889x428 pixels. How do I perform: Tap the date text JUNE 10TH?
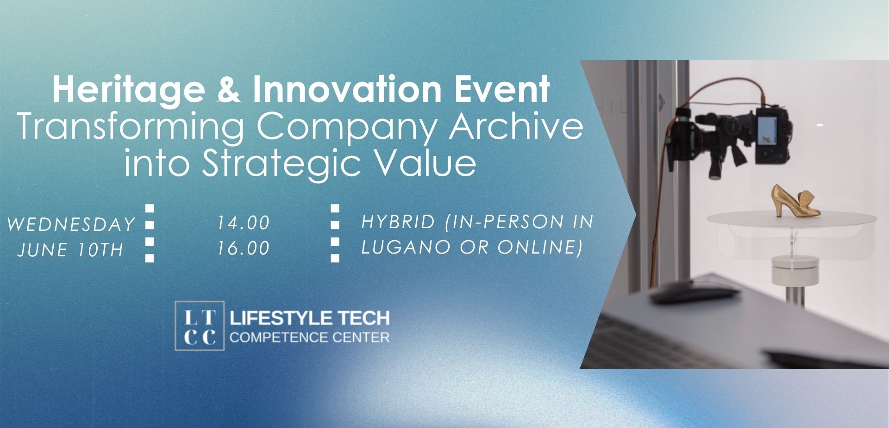70,250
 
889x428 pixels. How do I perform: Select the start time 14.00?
244,223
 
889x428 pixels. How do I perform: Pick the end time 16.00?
244,248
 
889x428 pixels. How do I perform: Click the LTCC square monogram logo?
200,326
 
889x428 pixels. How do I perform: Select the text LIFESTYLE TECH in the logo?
310,318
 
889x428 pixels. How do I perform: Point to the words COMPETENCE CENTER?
309,337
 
